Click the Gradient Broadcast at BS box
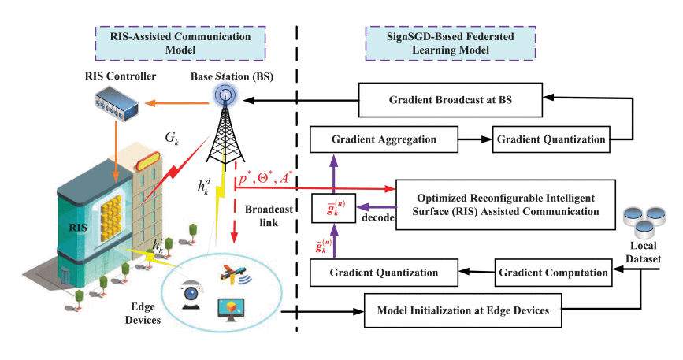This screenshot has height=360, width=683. pos(451,100)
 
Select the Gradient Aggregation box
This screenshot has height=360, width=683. pos(384,140)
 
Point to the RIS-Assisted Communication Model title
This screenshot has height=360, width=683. pos(158,41)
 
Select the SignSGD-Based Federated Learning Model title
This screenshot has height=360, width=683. pos(450,41)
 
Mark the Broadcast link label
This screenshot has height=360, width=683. pos(268,218)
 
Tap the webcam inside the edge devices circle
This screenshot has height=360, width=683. pos(191,291)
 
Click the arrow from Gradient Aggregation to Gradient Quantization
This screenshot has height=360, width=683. pos(476,140)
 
